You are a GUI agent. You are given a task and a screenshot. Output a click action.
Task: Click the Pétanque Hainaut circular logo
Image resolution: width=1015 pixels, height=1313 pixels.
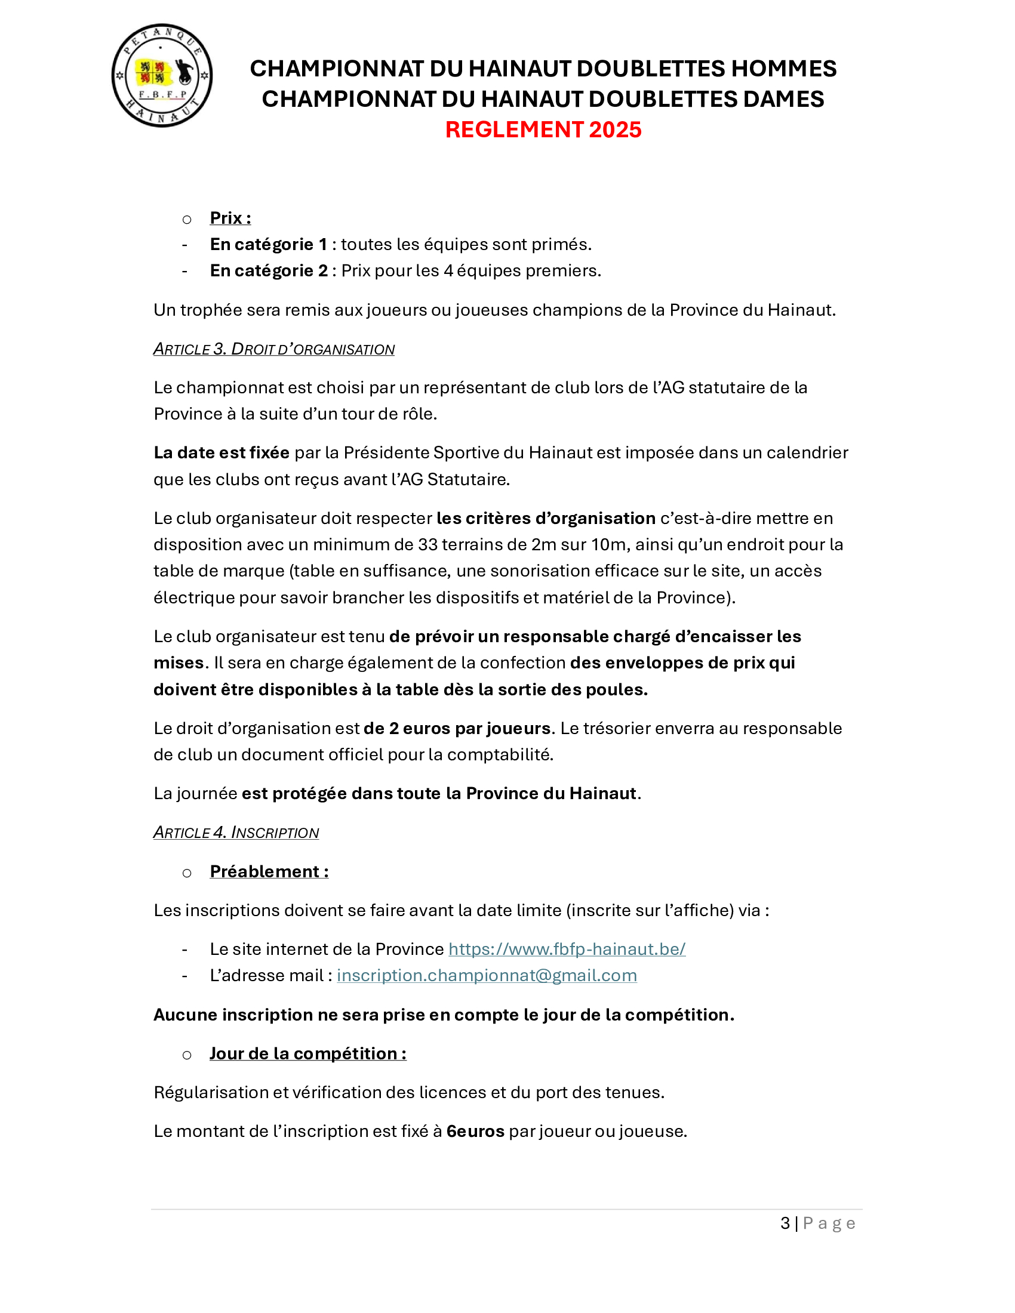162,76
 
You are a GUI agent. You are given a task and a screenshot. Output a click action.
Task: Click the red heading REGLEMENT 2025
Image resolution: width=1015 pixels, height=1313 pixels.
543,130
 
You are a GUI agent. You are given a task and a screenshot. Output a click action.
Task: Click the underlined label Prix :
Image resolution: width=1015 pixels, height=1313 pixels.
230,218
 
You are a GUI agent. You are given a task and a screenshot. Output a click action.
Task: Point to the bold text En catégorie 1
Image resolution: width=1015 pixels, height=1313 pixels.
268,244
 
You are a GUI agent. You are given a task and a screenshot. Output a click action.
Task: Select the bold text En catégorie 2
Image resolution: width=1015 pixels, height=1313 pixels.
268,270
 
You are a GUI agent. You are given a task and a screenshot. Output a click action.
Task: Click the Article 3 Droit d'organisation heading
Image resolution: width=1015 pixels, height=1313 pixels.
273,349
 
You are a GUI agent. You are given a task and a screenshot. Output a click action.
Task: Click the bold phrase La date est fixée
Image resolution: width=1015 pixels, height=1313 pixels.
222,452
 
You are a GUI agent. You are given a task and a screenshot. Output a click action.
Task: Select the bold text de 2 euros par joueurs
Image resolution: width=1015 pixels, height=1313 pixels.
457,728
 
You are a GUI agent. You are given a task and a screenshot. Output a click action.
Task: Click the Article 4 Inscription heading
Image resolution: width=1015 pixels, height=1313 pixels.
236,832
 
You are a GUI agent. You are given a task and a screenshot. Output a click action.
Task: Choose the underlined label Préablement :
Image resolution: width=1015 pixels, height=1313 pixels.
269,871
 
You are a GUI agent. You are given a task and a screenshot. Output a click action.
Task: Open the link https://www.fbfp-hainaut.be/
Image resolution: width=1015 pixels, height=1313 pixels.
567,949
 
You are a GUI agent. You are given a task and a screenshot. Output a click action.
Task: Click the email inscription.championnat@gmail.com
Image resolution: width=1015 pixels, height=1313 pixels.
487,975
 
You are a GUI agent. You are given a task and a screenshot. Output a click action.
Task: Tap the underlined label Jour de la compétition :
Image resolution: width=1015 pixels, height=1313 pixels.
308,1053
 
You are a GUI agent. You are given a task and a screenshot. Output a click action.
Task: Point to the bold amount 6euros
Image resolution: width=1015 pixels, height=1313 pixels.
475,1131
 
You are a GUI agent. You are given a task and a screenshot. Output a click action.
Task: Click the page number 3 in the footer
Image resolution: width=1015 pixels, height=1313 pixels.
785,1223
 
